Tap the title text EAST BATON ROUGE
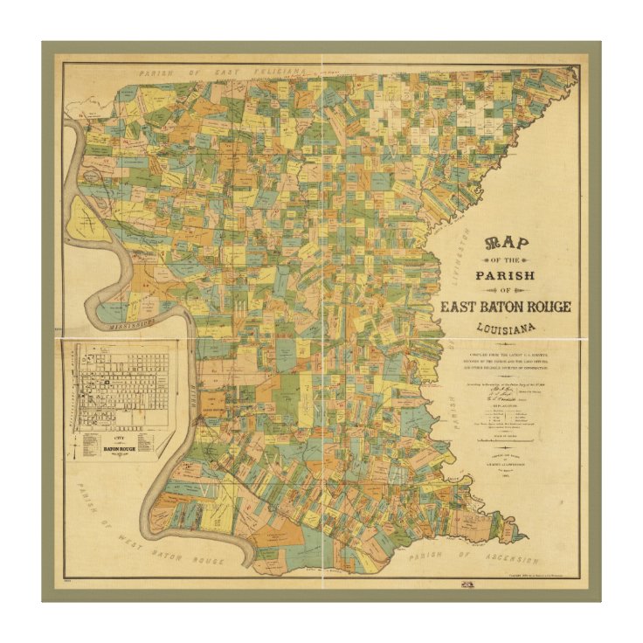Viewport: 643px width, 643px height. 505,307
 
